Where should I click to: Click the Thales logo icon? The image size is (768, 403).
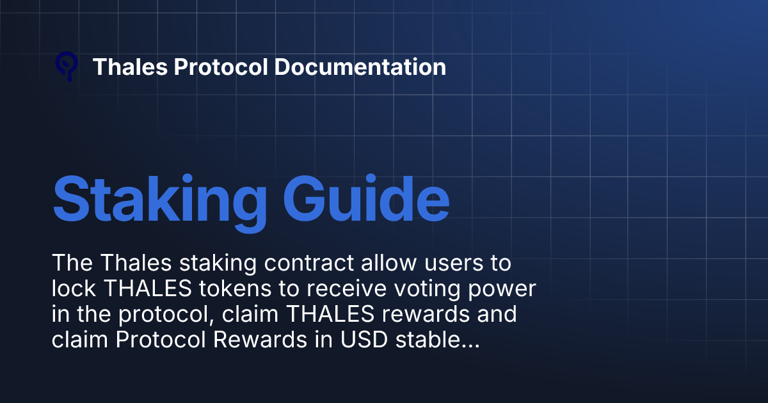[67, 66]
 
